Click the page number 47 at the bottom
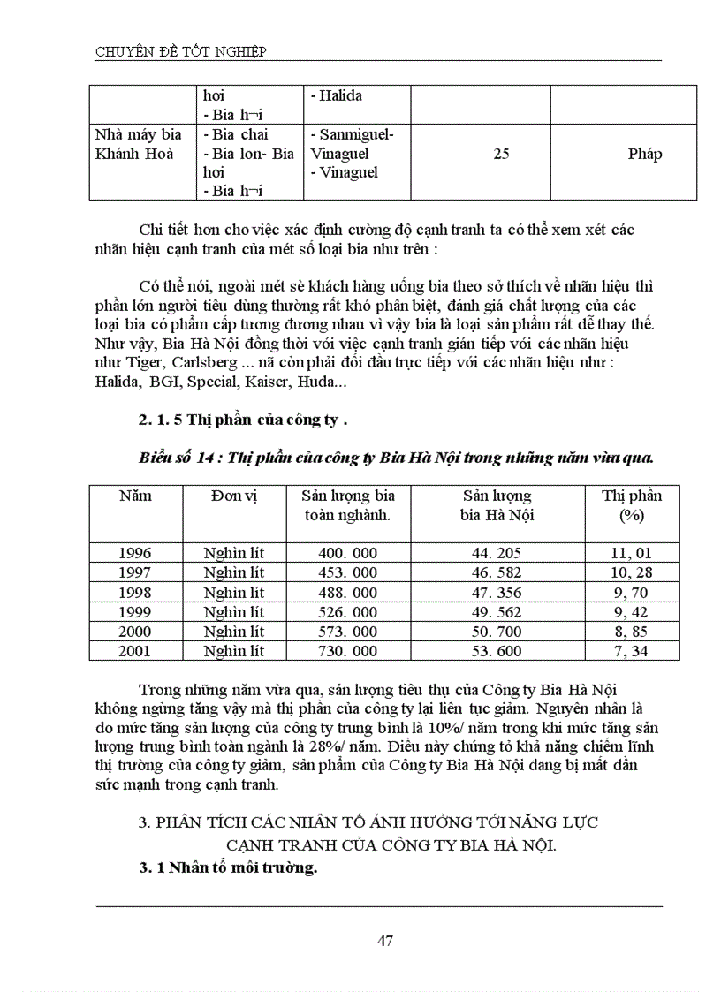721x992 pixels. click(x=384, y=940)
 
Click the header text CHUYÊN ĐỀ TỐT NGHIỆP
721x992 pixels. click(x=181, y=51)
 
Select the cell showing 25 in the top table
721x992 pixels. click(x=501, y=154)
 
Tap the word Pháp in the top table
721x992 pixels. click(x=645, y=154)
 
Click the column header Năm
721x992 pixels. click(x=135, y=496)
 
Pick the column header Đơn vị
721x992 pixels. click(x=234, y=496)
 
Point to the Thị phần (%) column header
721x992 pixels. click(x=632, y=505)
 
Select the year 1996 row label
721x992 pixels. click(x=135, y=553)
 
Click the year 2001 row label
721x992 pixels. click(x=135, y=651)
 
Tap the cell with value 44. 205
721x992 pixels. click(x=497, y=553)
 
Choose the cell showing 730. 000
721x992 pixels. click(x=347, y=651)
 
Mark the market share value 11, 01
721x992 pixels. click(x=632, y=553)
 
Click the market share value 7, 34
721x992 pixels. click(x=632, y=651)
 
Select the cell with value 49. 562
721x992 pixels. click(x=497, y=612)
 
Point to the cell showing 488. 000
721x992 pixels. click(x=347, y=593)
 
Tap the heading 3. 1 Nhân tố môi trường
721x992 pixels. click(x=228, y=867)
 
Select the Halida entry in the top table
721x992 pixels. click(x=336, y=95)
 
